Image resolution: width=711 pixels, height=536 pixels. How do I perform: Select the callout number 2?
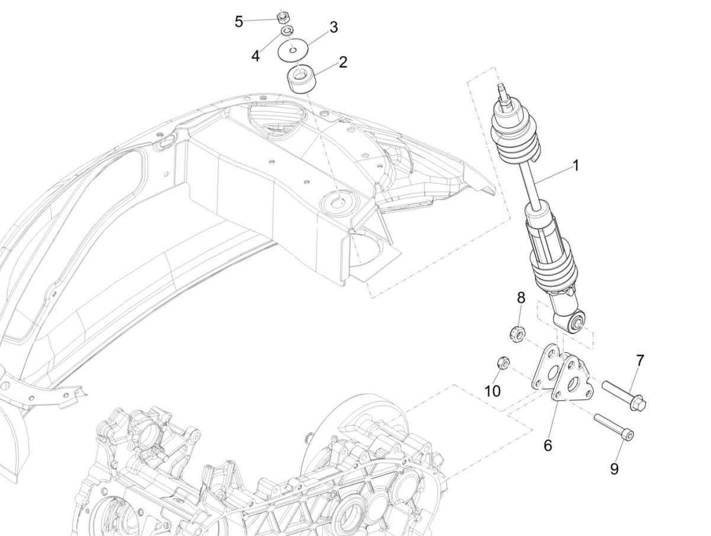pyautogui.click(x=342, y=62)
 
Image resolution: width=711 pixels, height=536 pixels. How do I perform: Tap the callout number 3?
pyautogui.click(x=334, y=27)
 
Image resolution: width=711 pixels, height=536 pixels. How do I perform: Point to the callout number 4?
pyautogui.click(x=255, y=56)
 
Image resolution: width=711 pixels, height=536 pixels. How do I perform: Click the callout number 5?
pyautogui.click(x=239, y=22)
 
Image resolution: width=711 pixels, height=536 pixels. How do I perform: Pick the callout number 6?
pyautogui.click(x=547, y=445)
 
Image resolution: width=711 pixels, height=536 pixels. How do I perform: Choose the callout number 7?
pyautogui.click(x=640, y=360)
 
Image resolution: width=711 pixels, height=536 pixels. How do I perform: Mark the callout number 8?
pyautogui.click(x=521, y=297)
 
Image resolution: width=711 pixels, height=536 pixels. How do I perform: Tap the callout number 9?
pyautogui.click(x=614, y=468)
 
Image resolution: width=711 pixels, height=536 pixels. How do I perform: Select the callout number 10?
pyautogui.click(x=492, y=391)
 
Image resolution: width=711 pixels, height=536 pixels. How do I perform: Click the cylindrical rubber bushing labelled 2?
pyautogui.click(x=302, y=80)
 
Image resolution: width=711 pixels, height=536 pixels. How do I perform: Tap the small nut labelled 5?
pyautogui.click(x=283, y=15)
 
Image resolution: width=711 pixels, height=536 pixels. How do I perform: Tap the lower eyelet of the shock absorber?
pyautogui.click(x=576, y=322)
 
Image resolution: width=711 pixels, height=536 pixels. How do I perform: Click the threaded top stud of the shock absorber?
pyautogui.click(x=505, y=91)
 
